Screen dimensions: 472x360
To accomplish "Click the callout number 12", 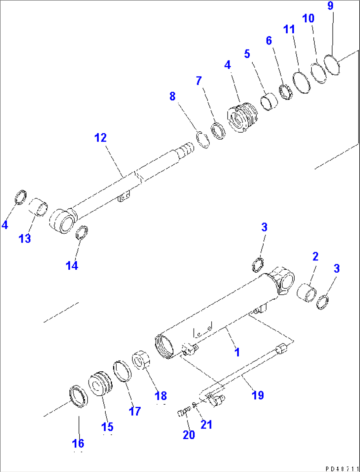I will [101, 138].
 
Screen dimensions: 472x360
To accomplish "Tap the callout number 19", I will [258, 395].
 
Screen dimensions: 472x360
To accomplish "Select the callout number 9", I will [330, 6].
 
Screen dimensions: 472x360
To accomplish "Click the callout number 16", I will [78, 443].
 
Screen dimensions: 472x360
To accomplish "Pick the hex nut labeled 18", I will [141, 360].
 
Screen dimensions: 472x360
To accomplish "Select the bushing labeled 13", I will [38, 207].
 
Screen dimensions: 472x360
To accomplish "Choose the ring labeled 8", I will [203, 140].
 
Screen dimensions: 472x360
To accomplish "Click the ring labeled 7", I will [218, 130].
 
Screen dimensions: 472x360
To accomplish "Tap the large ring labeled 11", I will [302, 82].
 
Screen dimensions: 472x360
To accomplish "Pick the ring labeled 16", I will [79, 396].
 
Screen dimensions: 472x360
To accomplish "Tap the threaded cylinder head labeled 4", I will [243, 117].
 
